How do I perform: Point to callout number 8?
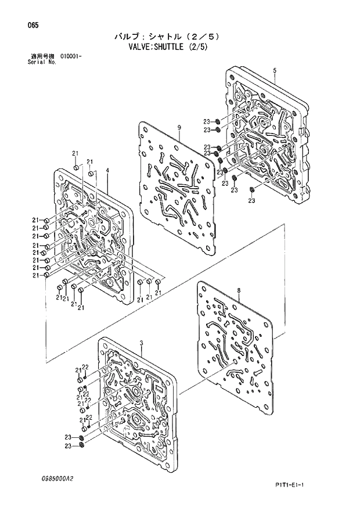tap(239, 290)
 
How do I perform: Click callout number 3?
tap(141, 344)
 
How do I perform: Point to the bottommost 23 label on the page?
tap(68, 446)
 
